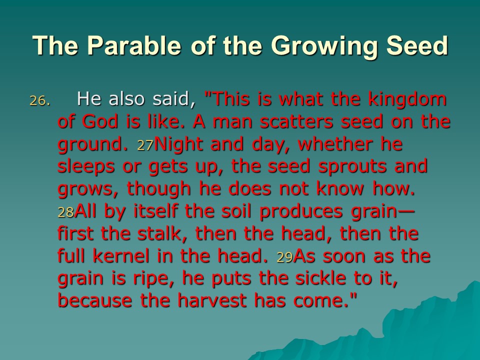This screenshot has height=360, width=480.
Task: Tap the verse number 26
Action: tap(39, 100)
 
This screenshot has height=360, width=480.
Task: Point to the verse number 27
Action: tap(145, 145)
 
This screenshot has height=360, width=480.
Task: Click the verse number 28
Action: tap(66, 212)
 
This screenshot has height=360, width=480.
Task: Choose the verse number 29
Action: tap(284, 257)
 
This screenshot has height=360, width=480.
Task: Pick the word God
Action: tap(100, 121)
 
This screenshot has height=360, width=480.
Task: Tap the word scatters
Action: tap(296, 121)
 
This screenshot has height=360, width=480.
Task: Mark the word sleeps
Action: tap(86, 167)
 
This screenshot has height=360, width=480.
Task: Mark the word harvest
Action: tap(212, 300)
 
